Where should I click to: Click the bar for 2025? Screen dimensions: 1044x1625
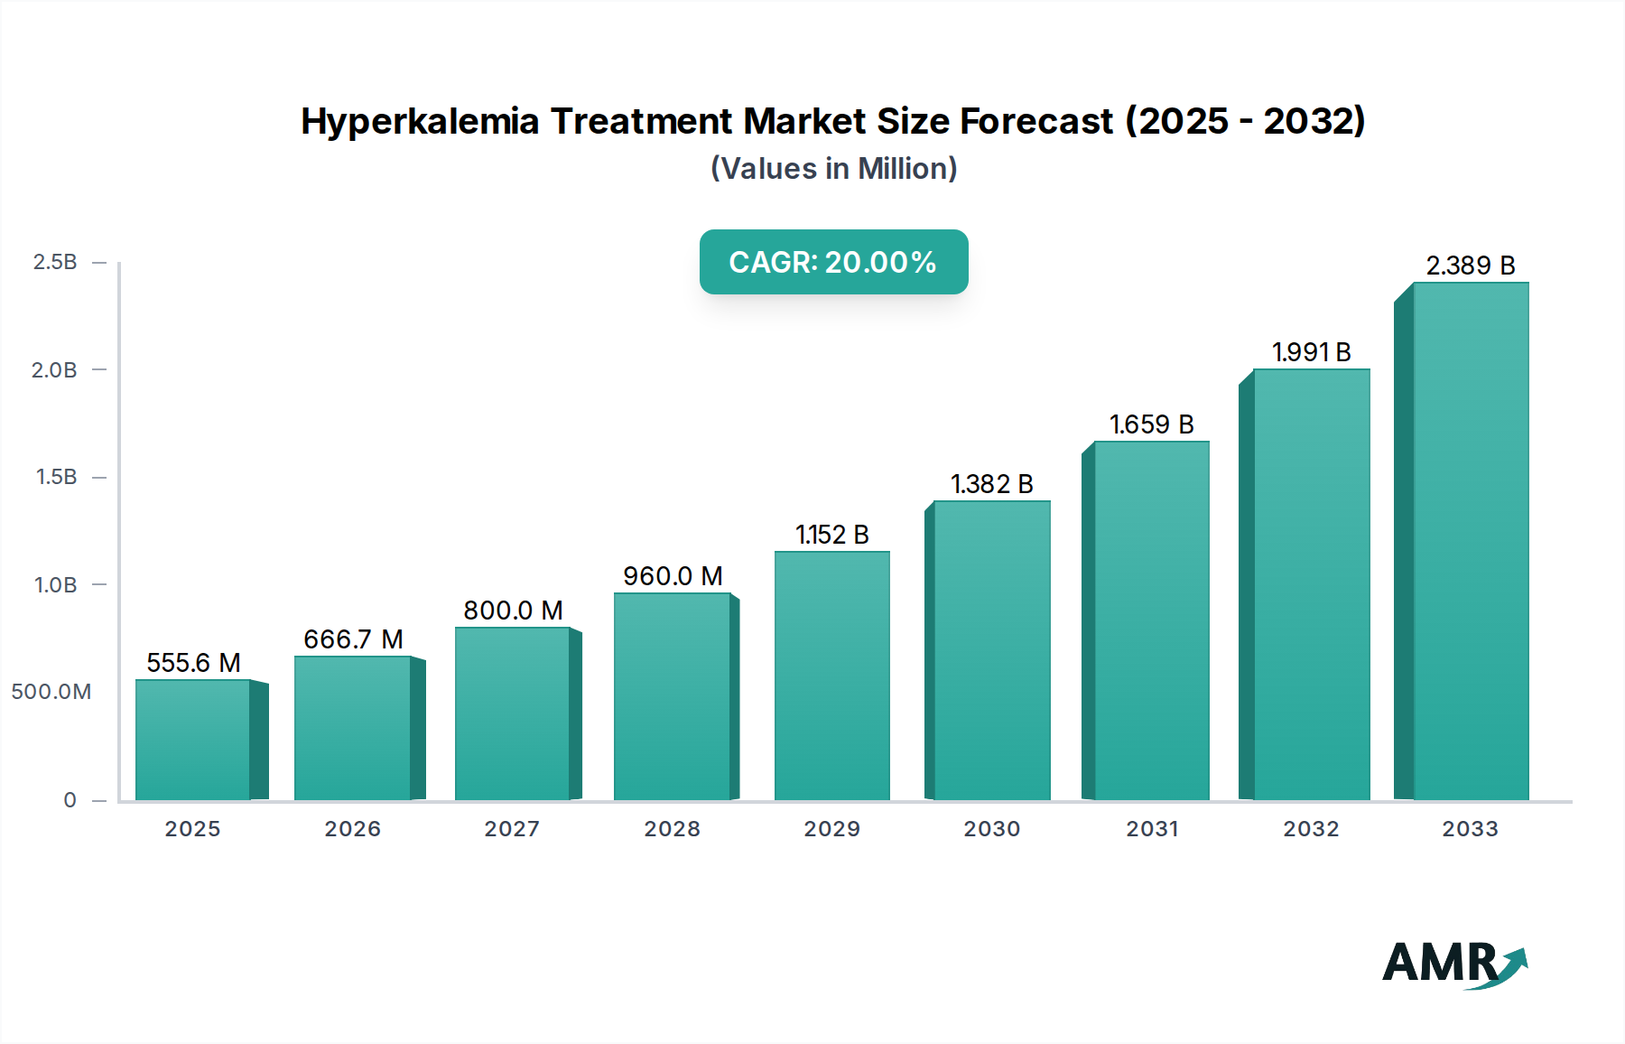(193, 740)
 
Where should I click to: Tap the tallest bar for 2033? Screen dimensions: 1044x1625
(1471, 542)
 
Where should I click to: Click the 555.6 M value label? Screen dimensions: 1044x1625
(193, 663)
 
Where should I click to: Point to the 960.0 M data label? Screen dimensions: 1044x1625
(673, 576)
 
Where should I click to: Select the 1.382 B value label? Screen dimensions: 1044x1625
(991, 484)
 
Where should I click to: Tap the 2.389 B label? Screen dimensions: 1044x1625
(1470, 266)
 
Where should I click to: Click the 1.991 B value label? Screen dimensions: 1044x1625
(1311, 352)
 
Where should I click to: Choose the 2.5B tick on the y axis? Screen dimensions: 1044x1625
(55, 262)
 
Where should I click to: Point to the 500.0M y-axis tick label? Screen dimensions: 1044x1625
(51, 692)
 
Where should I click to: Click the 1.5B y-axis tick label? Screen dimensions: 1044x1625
(56, 477)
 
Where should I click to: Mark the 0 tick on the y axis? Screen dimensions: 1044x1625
(70, 800)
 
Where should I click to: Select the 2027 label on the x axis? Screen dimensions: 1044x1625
(512, 829)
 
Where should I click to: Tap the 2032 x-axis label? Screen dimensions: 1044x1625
(1311, 829)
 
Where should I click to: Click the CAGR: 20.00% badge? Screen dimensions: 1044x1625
(833, 262)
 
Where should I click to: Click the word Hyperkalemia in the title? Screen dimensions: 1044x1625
(420, 121)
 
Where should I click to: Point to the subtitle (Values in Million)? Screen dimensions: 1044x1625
(833, 169)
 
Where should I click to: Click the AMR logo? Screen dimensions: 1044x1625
(1453, 964)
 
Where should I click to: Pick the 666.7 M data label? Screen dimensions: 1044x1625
(353, 639)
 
